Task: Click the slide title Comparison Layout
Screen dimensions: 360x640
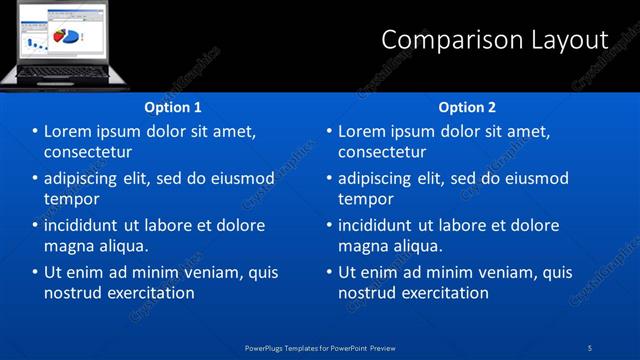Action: pyautogui.click(x=495, y=40)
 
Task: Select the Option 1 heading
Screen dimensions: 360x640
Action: pyautogui.click(x=173, y=107)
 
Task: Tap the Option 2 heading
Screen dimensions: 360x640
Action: pyautogui.click(x=467, y=107)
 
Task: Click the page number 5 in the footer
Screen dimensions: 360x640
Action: pyautogui.click(x=590, y=347)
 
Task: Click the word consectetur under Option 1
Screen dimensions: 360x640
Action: pyautogui.click(x=88, y=152)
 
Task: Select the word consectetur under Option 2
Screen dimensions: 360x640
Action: pyautogui.click(x=382, y=152)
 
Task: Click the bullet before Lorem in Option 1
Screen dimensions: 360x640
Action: pyautogui.click(x=35, y=132)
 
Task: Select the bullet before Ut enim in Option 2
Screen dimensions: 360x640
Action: pyautogui.click(x=329, y=272)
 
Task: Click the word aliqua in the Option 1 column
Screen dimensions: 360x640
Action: pyautogui.click(x=124, y=246)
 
